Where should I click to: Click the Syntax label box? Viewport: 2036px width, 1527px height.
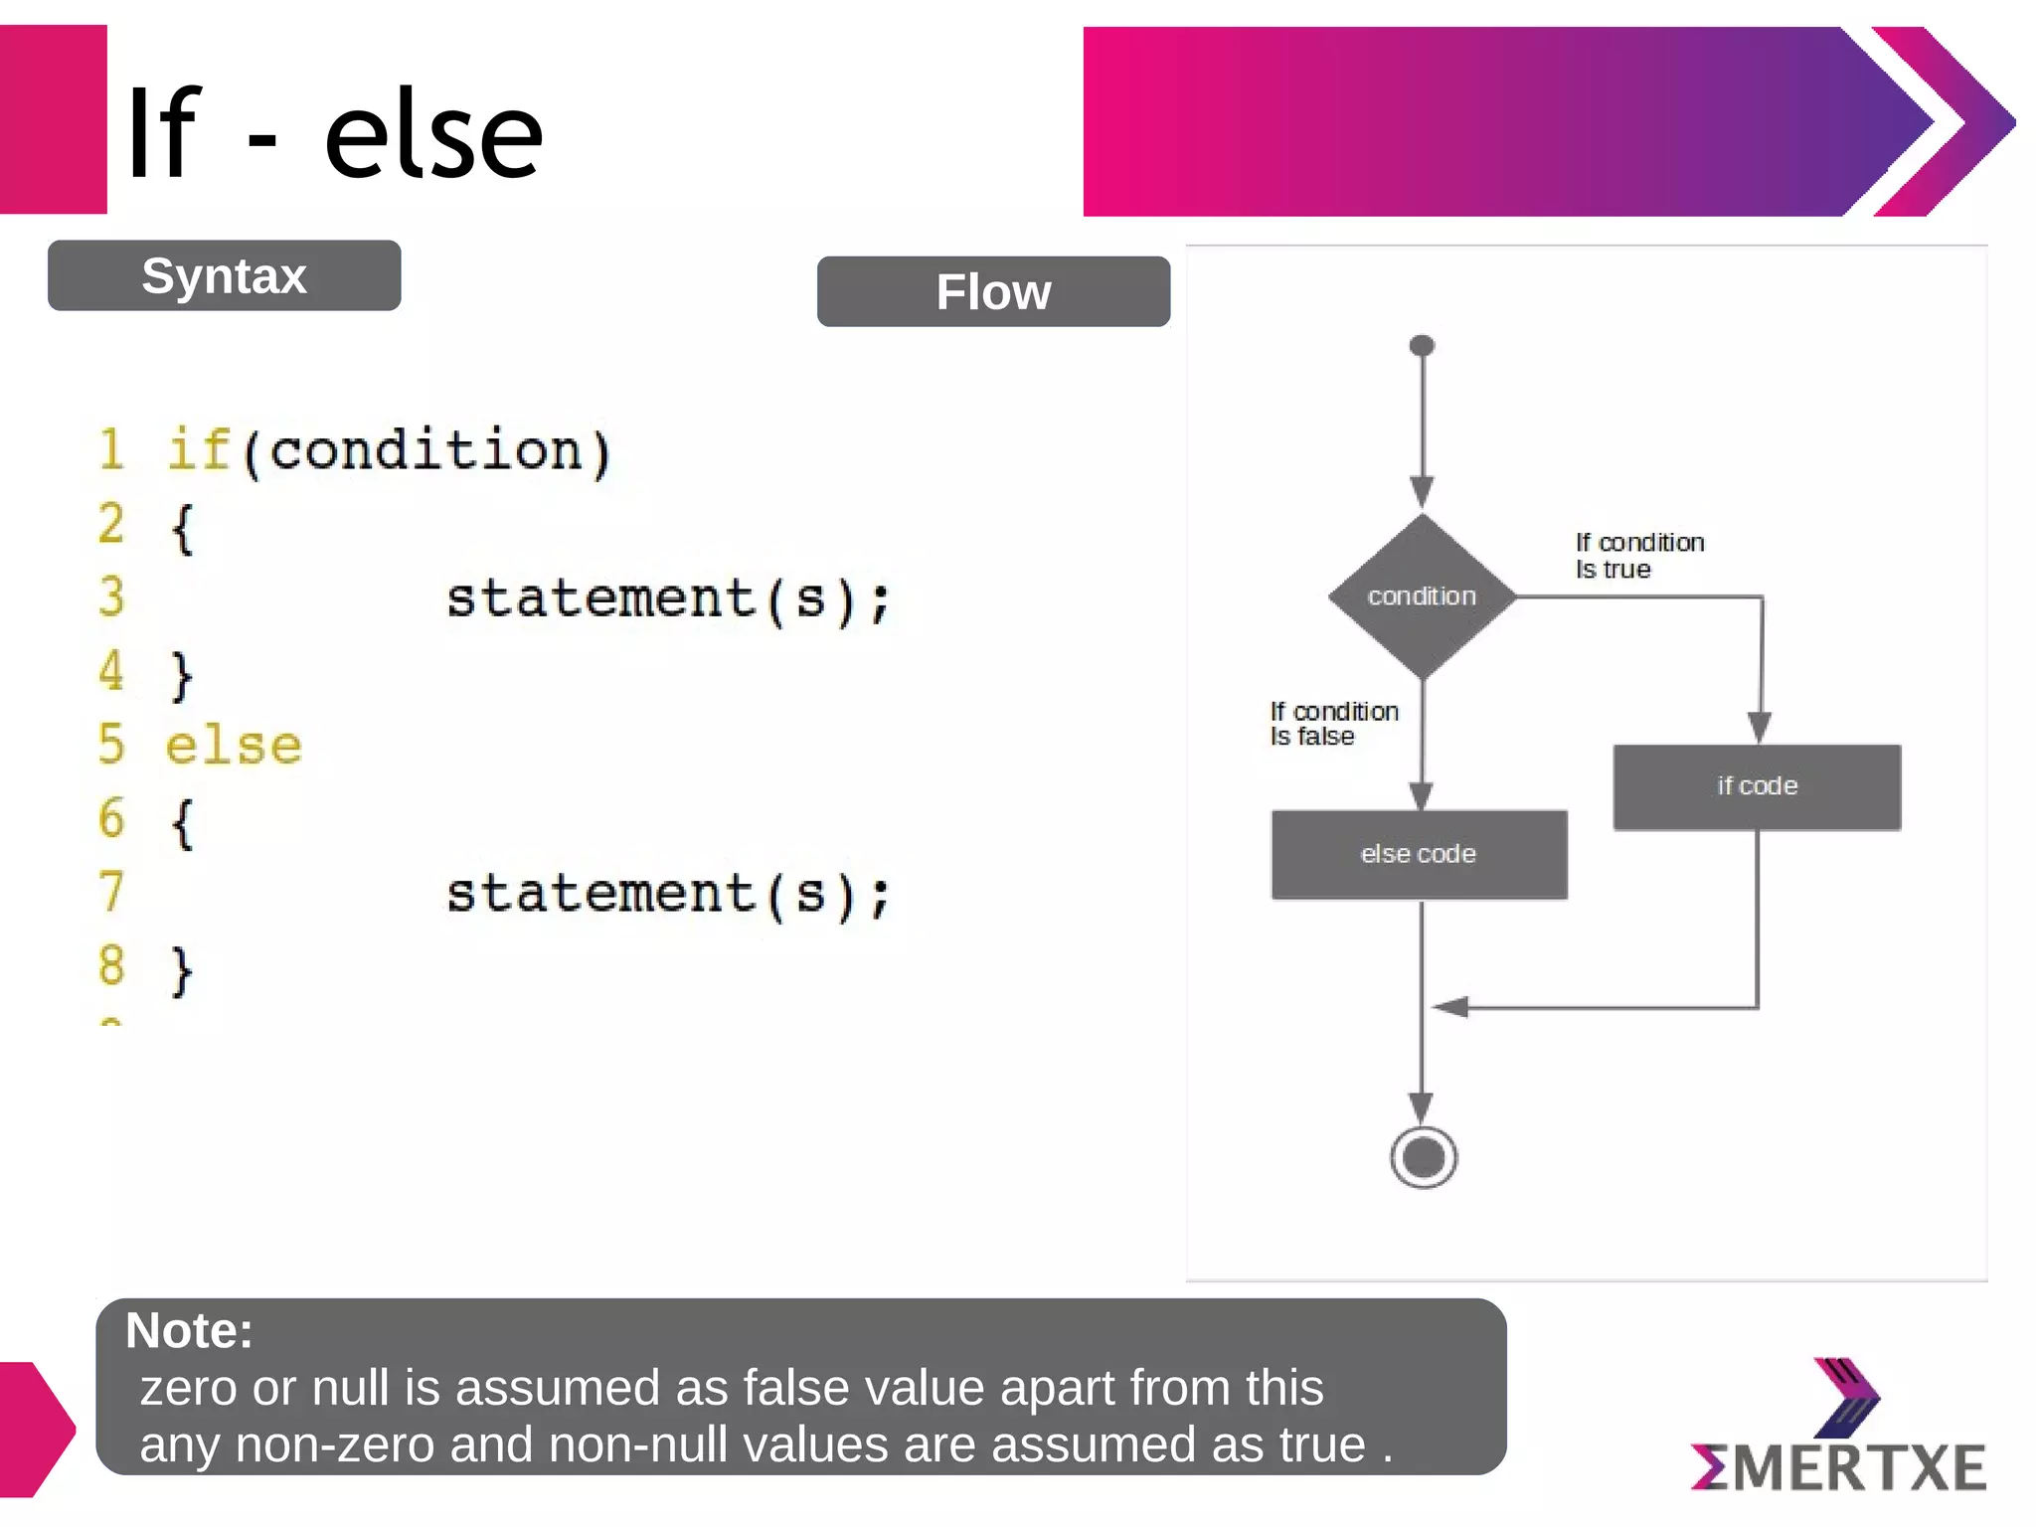[224, 275]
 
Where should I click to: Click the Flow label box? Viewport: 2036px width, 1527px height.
[993, 291]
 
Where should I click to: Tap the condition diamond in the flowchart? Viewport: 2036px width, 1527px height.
[1422, 595]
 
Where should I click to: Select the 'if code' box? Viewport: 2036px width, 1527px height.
[1757, 786]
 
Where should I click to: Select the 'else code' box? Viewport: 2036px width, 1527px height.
[1419, 854]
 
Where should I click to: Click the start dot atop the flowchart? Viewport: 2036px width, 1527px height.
[1422, 346]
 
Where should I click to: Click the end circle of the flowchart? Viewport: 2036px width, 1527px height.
[1424, 1157]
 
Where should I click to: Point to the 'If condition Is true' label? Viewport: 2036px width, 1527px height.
[1638, 556]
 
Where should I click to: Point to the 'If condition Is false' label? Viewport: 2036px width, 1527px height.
[1333, 724]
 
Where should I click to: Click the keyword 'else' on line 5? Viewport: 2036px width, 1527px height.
[234, 746]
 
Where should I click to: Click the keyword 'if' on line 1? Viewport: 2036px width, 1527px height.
[198, 449]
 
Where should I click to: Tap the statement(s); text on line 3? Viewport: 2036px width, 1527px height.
[667, 599]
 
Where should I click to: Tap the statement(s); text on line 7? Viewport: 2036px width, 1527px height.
[667, 894]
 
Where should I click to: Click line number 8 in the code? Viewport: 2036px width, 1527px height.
[111, 965]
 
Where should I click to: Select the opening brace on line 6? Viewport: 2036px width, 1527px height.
[182, 822]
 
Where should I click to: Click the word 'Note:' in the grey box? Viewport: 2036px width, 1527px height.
[189, 1330]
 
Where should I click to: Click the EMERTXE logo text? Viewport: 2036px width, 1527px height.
[1838, 1467]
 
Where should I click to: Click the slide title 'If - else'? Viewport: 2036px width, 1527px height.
[334, 133]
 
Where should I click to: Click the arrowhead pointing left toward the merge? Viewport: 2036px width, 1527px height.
[1450, 1007]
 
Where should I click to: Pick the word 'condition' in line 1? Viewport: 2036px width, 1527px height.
[425, 450]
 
